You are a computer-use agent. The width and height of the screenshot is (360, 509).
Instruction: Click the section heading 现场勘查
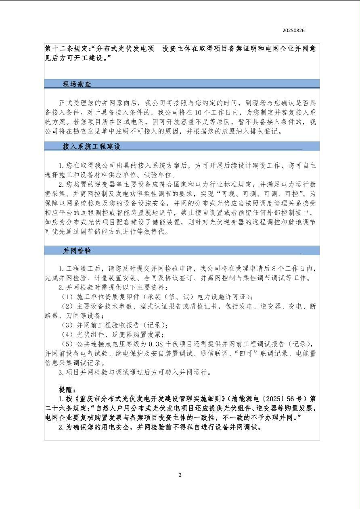[x=77, y=84]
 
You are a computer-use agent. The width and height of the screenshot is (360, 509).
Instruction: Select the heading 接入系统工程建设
[x=92, y=146]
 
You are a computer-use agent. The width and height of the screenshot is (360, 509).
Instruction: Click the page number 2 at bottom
[x=180, y=475]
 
